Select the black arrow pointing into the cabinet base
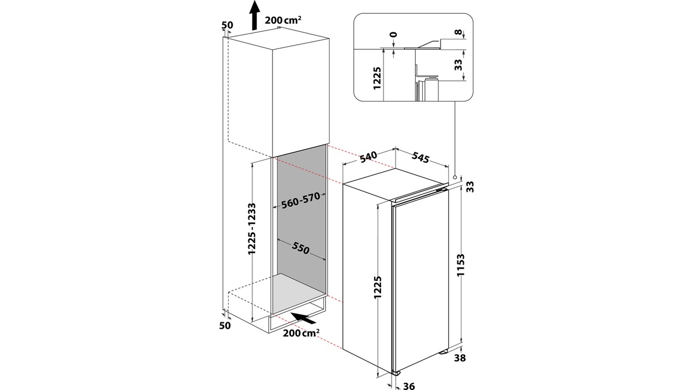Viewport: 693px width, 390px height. pos(307,317)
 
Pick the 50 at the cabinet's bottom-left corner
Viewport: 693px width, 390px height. pos(225,326)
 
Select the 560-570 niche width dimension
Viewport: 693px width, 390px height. pos(300,201)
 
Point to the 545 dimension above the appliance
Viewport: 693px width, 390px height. pos(421,158)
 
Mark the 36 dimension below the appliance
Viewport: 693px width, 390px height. pos(409,385)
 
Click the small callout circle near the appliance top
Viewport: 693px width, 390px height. pos(455,177)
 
